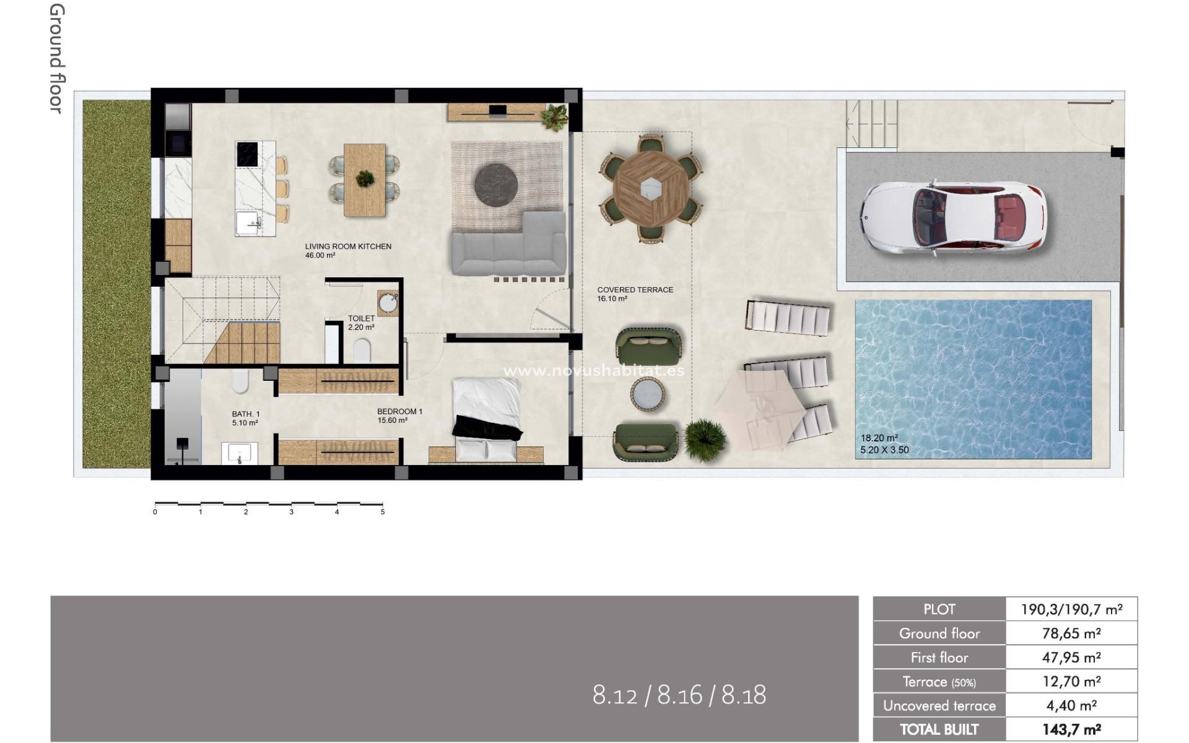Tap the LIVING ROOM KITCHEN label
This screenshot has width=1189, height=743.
point(348,246)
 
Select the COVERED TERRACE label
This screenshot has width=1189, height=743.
point(635,290)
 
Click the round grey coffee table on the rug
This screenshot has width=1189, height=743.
point(495,184)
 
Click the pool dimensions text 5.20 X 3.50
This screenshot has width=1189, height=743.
point(884,450)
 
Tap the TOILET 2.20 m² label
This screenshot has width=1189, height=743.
point(361,323)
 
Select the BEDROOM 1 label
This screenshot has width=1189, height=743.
point(399,412)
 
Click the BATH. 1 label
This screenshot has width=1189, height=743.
point(245,414)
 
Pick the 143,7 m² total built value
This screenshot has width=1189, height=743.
point(1071,729)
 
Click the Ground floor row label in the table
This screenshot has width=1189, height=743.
point(939,633)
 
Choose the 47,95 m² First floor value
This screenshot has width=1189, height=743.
point(1071,658)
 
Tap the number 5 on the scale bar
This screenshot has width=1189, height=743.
point(383,512)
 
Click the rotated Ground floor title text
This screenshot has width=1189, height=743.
point(56,59)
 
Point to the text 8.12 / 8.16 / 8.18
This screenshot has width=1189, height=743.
point(679,695)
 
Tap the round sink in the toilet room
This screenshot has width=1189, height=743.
point(389,303)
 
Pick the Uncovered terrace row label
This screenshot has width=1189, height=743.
point(939,706)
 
